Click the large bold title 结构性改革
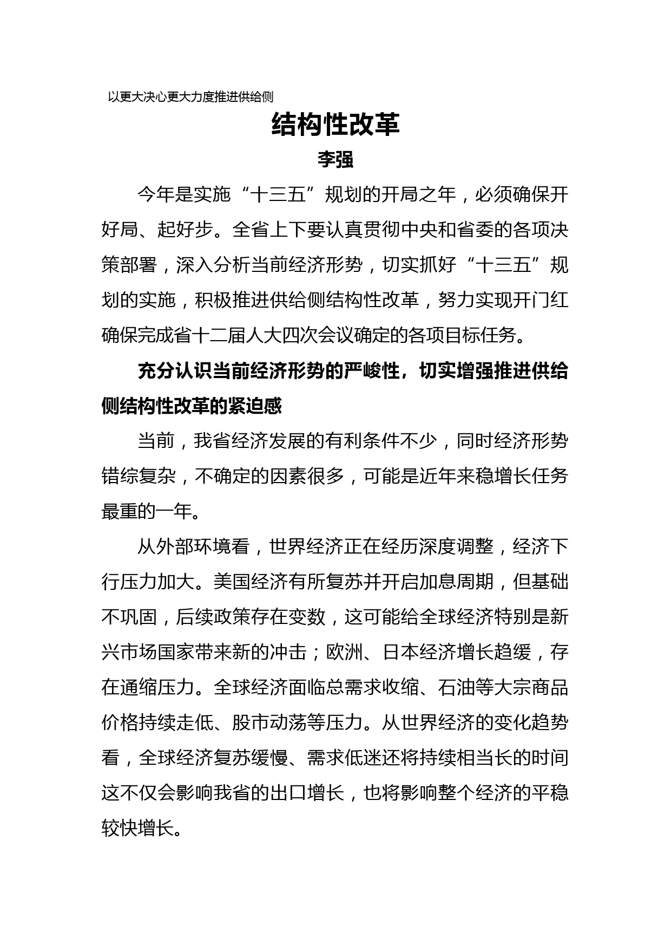[335, 125]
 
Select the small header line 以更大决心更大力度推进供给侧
[190, 97]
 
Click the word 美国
[232, 582]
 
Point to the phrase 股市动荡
[268, 723]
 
